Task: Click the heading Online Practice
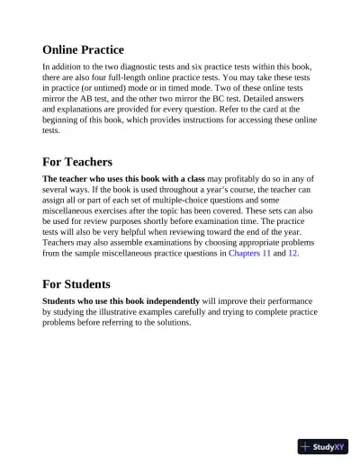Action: coord(83,49)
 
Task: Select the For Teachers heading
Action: coord(77,162)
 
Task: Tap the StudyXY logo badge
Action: coord(322,445)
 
